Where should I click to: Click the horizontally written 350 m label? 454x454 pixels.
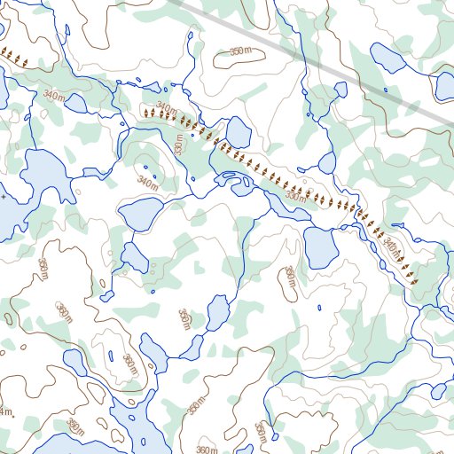coord(240,52)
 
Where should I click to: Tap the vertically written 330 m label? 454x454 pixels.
coord(179,144)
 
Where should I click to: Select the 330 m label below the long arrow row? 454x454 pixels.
coord(295,197)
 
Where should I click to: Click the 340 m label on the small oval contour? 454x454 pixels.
coord(146,182)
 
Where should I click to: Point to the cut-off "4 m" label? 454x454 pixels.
coord(5,411)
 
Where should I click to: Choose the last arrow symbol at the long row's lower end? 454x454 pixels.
coord(413,280)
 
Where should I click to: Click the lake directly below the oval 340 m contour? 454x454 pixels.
coord(140,214)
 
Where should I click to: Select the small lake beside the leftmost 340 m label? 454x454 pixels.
coord(76,104)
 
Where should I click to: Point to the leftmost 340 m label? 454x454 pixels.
coord(53,95)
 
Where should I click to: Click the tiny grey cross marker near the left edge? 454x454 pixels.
coord(3,195)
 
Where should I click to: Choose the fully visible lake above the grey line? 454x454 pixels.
coord(387,59)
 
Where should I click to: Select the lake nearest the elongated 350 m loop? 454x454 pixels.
coord(318,247)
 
